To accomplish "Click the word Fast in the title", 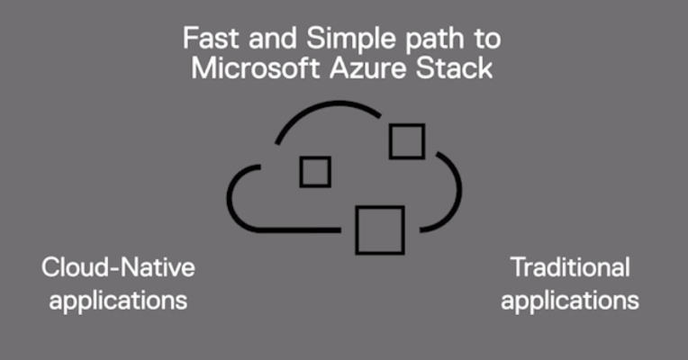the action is [x=212, y=38].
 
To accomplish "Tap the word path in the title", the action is [x=434, y=40].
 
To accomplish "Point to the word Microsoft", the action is [x=255, y=68].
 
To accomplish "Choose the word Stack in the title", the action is [x=454, y=68].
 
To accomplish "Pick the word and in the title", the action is [x=273, y=38].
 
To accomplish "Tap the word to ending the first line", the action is [x=487, y=39].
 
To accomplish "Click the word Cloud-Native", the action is [x=119, y=267].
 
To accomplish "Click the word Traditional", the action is [x=570, y=267].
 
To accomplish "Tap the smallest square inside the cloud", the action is [x=315, y=157].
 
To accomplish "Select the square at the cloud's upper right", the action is [x=407, y=125].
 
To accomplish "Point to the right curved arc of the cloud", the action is [x=459, y=191].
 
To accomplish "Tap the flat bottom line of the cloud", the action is [x=298, y=230].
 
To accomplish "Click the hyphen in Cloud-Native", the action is [x=115, y=269].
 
